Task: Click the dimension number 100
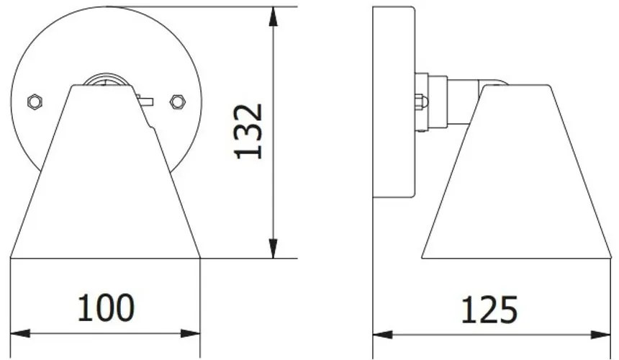click(105, 307)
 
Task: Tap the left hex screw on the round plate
click(34, 102)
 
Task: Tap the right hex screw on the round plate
click(176, 102)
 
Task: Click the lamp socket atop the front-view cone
click(105, 80)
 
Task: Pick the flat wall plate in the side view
click(394, 102)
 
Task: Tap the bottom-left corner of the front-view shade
click(12, 257)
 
